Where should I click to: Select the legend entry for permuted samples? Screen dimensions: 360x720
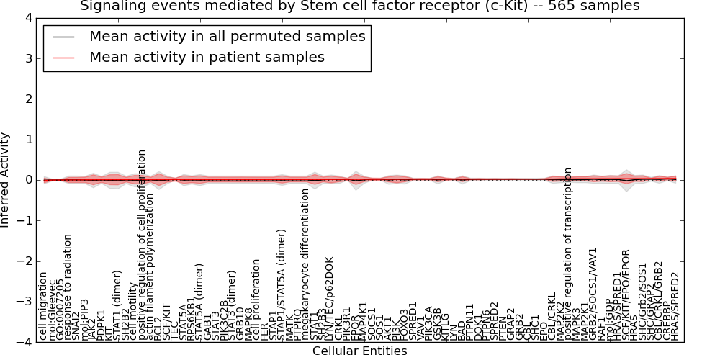[x=227, y=36]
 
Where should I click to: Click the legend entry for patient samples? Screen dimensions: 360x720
[x=207, y=57]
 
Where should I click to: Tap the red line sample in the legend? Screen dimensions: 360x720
[x=63, y=58]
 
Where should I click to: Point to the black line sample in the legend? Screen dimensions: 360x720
[x=63, y=37]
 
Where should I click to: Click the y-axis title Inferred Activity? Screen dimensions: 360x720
[x=6, y=180]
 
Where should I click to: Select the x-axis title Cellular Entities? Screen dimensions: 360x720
[x=359, y=351]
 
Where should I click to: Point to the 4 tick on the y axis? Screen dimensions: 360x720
[x=28, y=18]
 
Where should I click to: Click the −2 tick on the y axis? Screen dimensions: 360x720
[x=24, y=261]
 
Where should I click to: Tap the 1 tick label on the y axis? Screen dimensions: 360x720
[x=28, y=140]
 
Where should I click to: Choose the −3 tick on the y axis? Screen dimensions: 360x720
[x=24, y=302]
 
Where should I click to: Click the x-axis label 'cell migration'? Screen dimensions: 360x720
[x=43, y=305]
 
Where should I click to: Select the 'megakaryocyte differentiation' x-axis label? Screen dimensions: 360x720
[x=305, y=264]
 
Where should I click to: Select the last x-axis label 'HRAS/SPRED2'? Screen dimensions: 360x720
[x=675, y=305]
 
